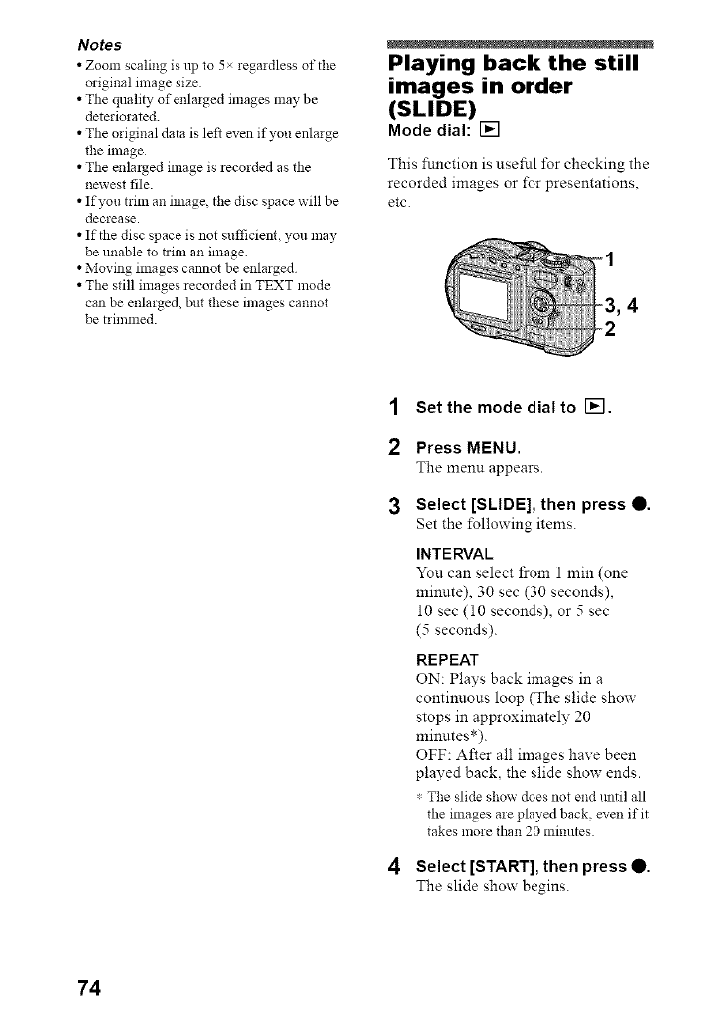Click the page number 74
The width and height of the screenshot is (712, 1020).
(88, 987)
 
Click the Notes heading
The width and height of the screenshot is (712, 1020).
(101, 45)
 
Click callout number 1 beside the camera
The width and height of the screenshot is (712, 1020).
(610, 261)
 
